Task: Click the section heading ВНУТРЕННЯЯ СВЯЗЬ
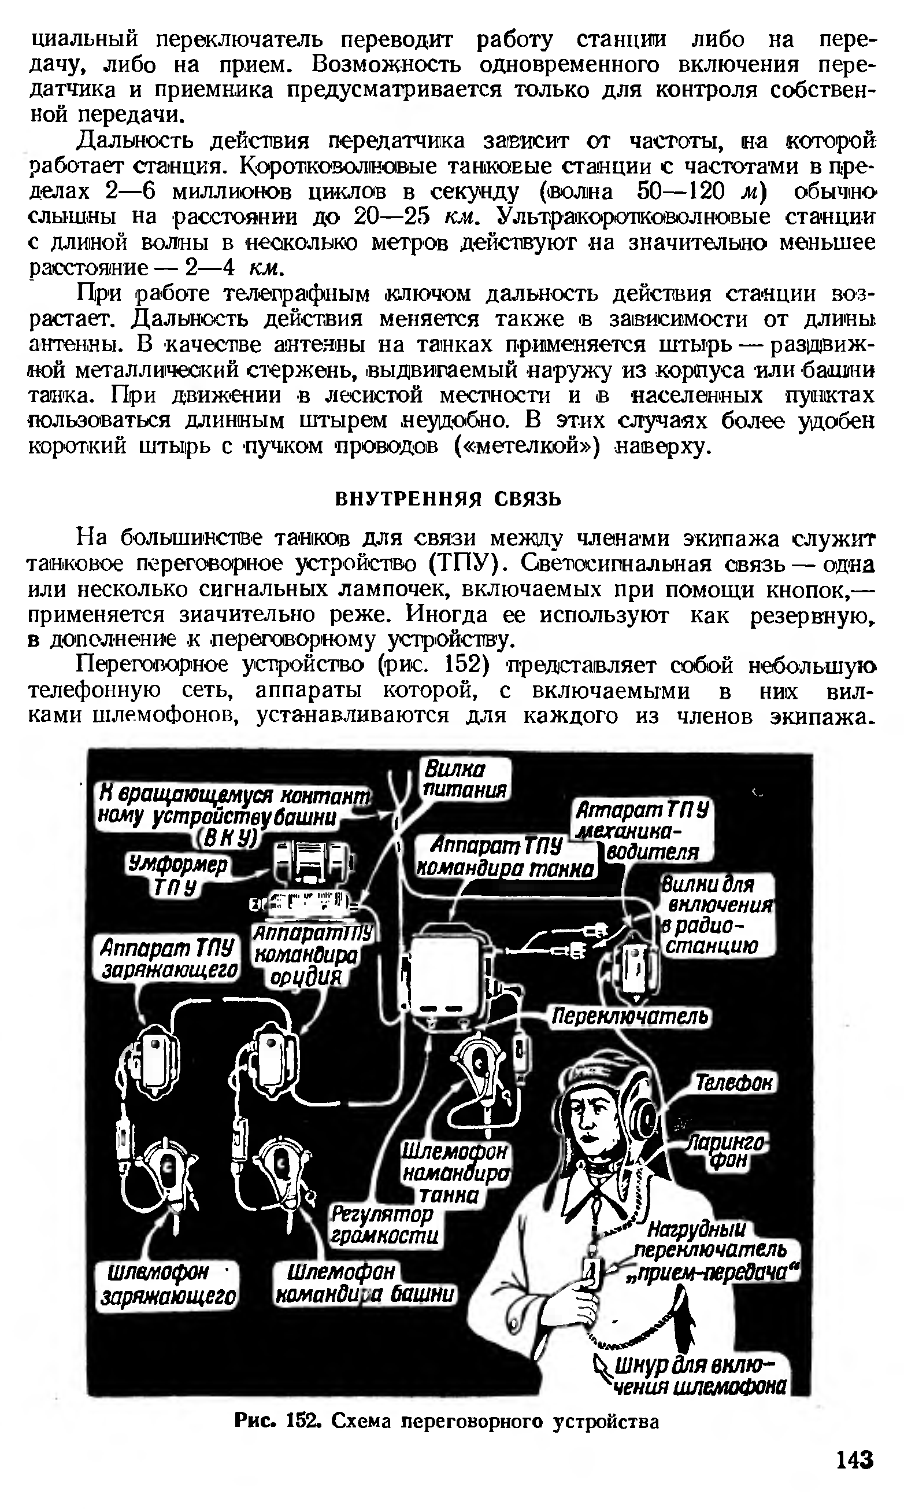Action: [x=449, y=499]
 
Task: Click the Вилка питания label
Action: [x=466, y=780]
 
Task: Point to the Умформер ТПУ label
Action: [x=177, y=876]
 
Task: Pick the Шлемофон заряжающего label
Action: [x=168, y=1284]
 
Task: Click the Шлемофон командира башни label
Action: [x=364, y=1283]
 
